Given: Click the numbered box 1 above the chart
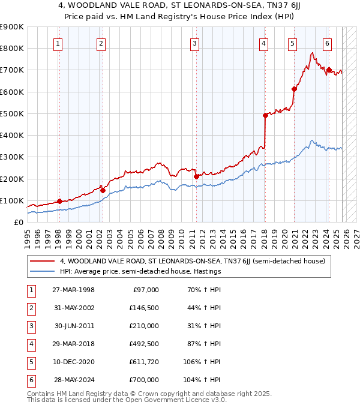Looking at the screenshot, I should tap(58, 43).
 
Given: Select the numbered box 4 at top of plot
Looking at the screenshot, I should tap(263, 43).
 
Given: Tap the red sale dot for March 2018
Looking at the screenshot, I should tap(265, 115).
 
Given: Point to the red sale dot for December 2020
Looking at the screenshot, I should tap(294, 89).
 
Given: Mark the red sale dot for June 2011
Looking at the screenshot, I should tap(196, 176).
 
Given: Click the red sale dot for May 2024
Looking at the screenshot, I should tap(329, 70).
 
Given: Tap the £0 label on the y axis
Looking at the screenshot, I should tap(18, 222).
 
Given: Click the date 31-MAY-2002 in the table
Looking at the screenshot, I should tap(74, 308).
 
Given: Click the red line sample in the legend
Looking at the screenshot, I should tap(43, 261).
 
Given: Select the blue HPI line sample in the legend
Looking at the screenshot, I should tap(43, 271).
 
